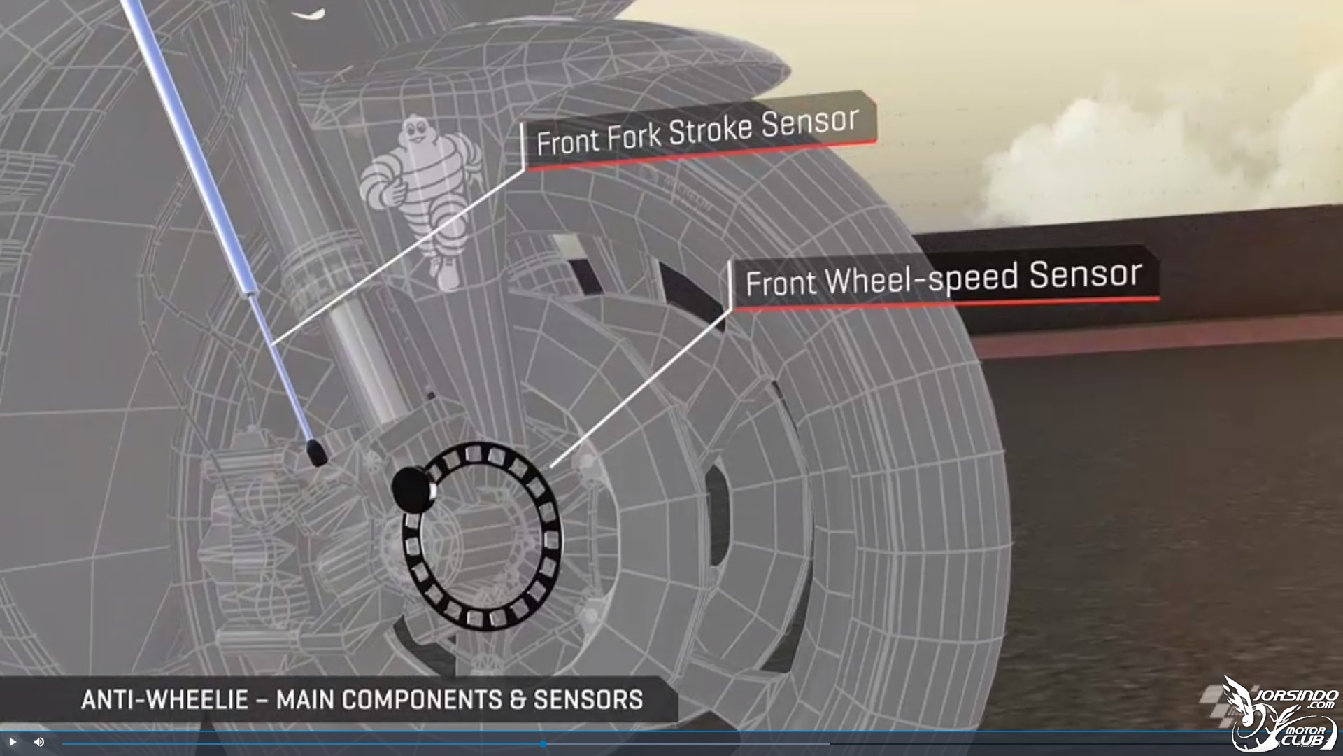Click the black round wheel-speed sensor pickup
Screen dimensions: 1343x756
(413, 488)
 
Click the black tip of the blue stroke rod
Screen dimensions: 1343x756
(316, 451)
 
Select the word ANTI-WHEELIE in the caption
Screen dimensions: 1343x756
(165, 700)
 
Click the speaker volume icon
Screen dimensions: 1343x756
(39, 742)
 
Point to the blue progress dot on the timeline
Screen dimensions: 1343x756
(543, 744)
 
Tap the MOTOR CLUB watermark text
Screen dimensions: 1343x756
(1305, 735)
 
